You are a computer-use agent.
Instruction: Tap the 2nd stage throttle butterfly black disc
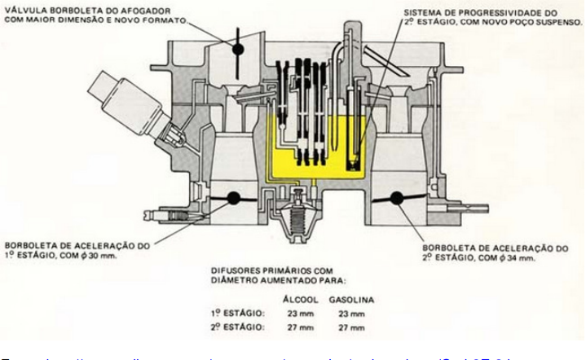[x=400, y=196]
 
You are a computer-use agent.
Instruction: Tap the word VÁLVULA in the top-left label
[x=24, y=10]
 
